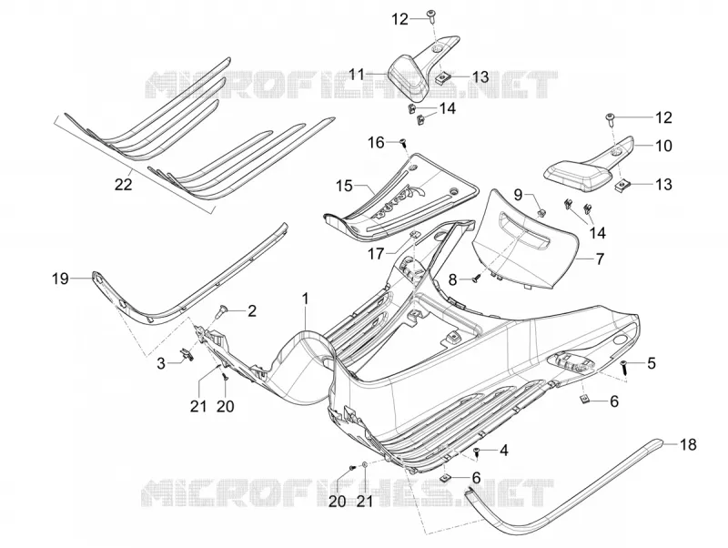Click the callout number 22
coord(123,185)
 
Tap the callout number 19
coord(60,279)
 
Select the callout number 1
coord(305,299)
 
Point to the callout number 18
coord(688,444)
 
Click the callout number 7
coord(600,259)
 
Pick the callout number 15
coord(344,187)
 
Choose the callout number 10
coord(664,146)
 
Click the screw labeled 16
coord(403,141)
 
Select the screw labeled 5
coord(624,366)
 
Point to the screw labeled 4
coord(476,452)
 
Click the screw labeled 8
coord(475,279)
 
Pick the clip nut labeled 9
coord(541,213)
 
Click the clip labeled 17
coord(415,234)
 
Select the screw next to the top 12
coord(431,14)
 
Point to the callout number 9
coord(519,195)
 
